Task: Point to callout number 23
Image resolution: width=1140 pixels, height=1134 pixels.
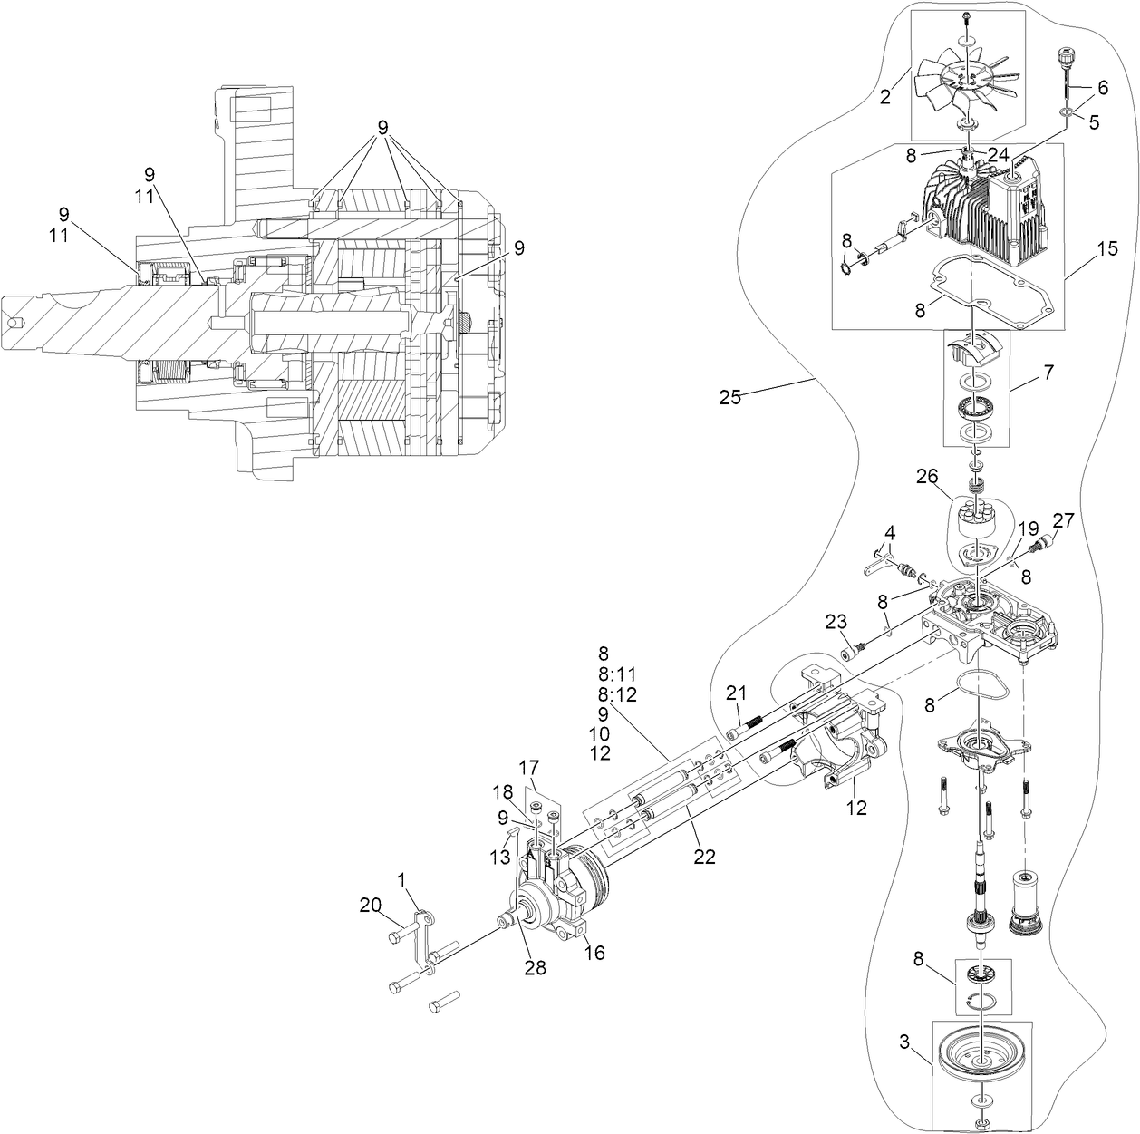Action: tap(836, 621)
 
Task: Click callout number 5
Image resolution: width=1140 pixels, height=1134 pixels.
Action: tap(1094, 121)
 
